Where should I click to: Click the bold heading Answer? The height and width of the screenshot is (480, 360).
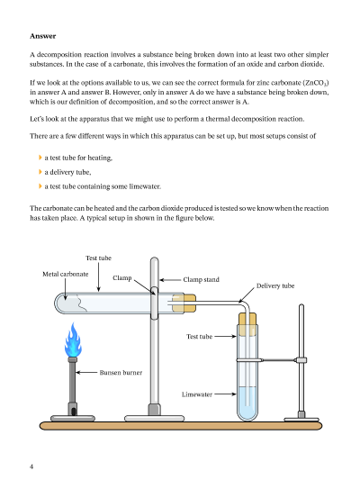[x=43, y=36]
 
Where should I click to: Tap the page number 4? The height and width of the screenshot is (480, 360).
[x=31, y=466]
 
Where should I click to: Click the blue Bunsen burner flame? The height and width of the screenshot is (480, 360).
[x=73, y=340]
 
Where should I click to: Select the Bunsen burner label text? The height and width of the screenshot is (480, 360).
[x=121, y=373]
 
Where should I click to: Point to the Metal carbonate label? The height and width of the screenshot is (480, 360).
[x=66, y=274]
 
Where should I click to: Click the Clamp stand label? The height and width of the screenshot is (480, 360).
[x=201, y=279]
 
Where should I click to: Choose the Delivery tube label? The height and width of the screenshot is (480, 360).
[x=275, y=285]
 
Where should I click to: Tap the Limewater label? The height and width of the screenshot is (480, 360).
[x=197, y=394]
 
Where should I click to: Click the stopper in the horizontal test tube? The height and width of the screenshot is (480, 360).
[x=184, y=303]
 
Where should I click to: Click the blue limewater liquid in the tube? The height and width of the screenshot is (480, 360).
[x=247, y=403]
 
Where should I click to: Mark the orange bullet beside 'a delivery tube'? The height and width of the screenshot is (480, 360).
[x=40, y=172]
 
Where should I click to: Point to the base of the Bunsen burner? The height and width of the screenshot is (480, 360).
[x=73, y=418]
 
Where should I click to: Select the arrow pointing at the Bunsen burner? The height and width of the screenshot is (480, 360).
[x=86, y=372]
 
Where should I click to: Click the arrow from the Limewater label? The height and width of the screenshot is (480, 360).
[x=225, y=394]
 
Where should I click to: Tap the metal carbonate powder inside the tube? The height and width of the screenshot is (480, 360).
[x=70, y=303]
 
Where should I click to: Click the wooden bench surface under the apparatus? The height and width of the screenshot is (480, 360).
[x=181, y=425]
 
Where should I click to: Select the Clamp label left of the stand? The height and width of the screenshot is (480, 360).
[x=122, y=278]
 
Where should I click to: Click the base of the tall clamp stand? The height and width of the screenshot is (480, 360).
[x=155, y=418]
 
